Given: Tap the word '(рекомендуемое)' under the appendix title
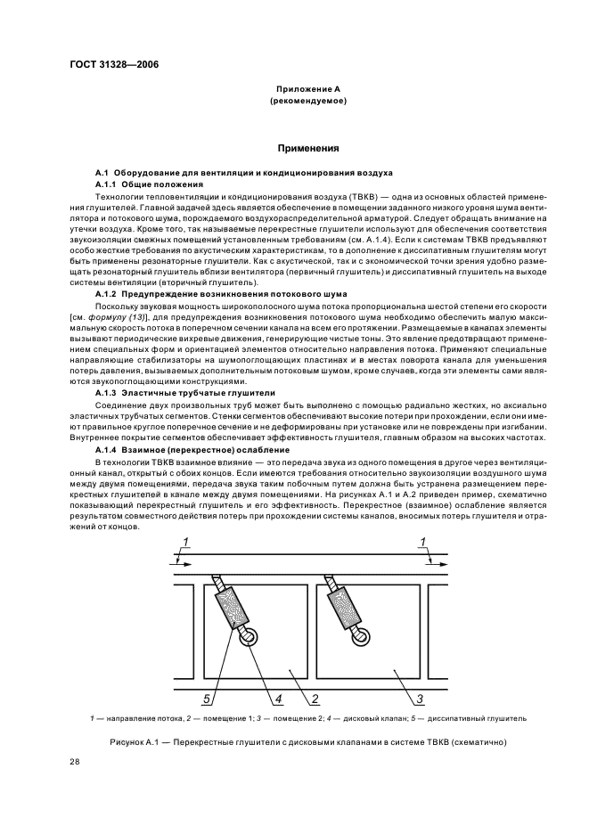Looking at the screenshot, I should pyautogui.click(x=307, y=102).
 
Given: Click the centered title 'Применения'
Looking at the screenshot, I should pyautogui.click(x=307, y=149).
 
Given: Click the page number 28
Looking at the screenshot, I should pyautogui.click(x=76, y=760).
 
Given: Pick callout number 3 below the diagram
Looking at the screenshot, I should pyautogui.click(x=421, y=698).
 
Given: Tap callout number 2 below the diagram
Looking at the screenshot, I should pyautogui.click(x=315, y=698).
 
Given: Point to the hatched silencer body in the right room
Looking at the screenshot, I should pyautogui.click(x=346, y=606).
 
